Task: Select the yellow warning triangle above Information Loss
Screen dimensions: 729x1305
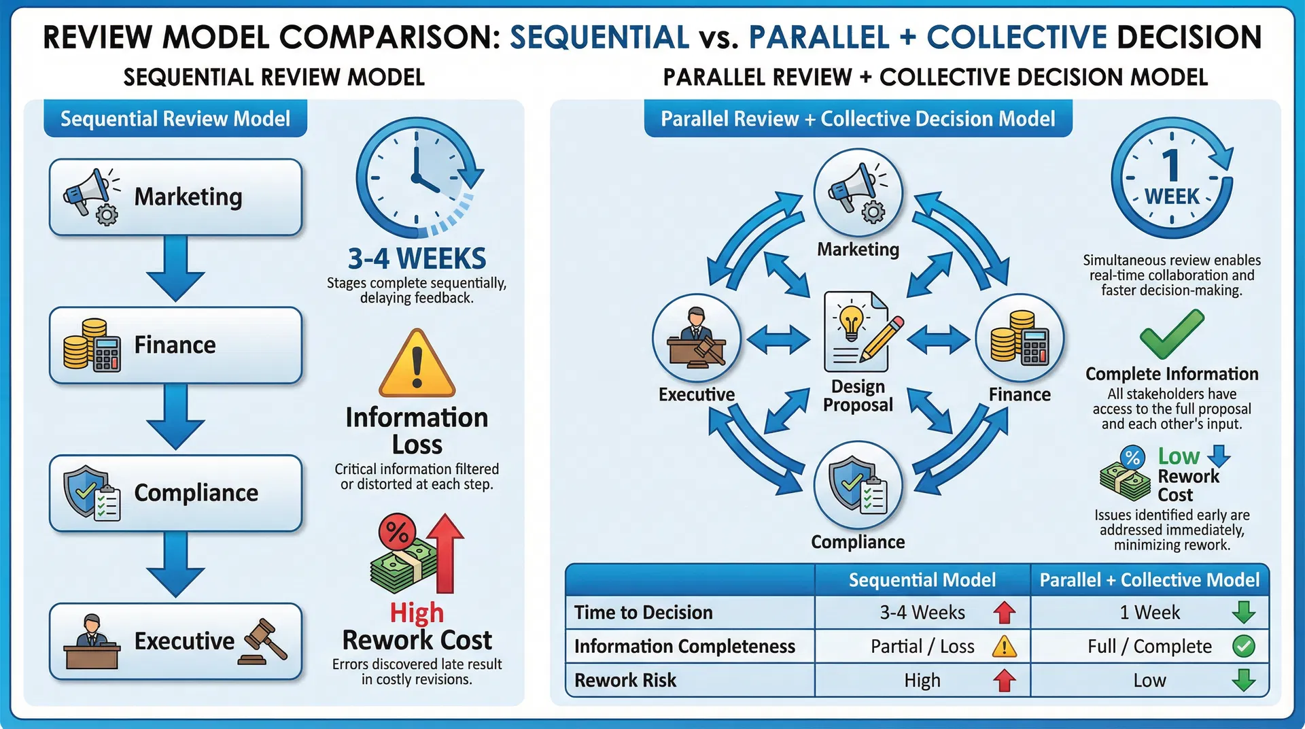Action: click(x=417, y=364)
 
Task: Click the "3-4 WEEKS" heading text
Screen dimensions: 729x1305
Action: click(x=417, y=258)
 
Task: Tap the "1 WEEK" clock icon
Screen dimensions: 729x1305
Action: click(x=1171, y=178)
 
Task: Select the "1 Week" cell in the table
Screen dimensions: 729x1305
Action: click(x=1149, y=613)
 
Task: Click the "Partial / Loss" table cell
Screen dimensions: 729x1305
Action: click(x=922, y=646)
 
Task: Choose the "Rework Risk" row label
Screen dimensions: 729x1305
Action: click(x=625, y=680)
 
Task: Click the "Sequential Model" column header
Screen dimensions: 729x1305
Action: click(x=922, y=580)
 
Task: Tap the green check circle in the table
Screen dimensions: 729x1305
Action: click(x=1243, y=646)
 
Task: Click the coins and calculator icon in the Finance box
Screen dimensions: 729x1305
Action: click(x=92, y=345)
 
